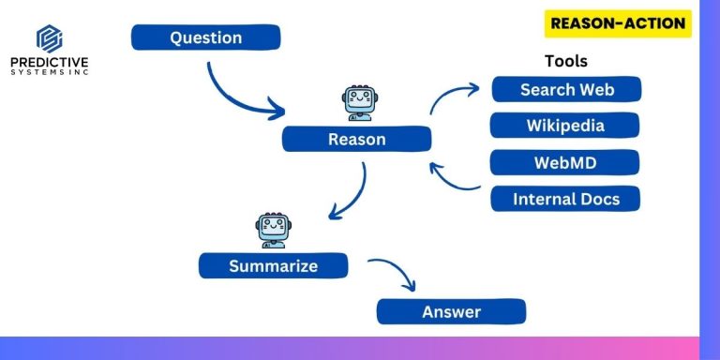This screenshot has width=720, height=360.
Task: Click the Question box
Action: click(x=205, y=37)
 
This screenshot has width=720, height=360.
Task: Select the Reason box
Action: click(x=356, y=140)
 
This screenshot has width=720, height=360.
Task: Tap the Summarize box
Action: click(x=273, y=266)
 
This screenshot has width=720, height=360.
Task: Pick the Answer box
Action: click(x=451, y=311)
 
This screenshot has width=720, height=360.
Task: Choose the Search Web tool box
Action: click(x=566, y=90)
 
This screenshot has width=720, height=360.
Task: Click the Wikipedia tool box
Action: click(x=565, y=126)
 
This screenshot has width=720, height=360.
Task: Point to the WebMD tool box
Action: click(x=565, y=162)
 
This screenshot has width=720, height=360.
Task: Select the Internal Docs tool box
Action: click(x=565, y=199)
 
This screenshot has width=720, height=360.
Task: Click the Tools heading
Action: click(x=565, y=61)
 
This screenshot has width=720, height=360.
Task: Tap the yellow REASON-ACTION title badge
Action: click(x=618, y=23)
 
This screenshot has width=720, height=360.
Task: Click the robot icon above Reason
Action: click(x=357, y=103)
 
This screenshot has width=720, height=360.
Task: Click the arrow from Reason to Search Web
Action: click(x=455, y=94)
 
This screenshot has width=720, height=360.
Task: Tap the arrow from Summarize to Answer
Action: click(x=396, y=274)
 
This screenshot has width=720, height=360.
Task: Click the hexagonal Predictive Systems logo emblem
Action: click(x=50, y=39)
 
